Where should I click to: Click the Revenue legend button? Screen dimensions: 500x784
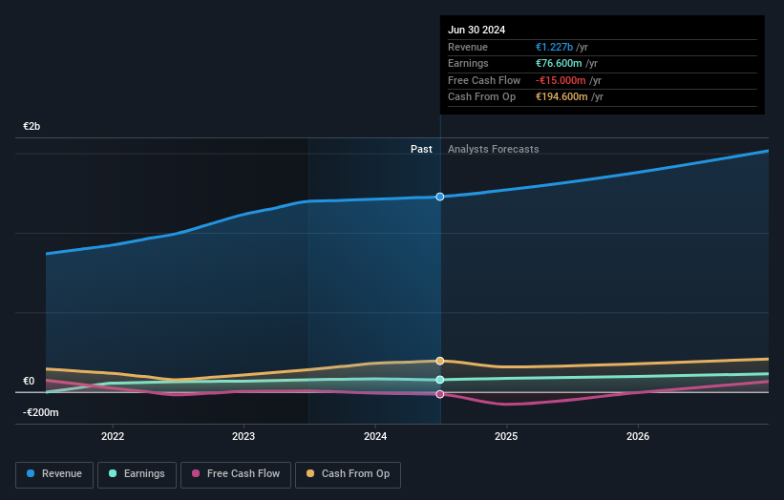pos(54,474)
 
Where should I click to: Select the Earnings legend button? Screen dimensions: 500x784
pos(137,474)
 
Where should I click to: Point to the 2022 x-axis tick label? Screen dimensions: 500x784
pos(113,436)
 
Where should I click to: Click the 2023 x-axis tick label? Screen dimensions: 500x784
pos(244,436)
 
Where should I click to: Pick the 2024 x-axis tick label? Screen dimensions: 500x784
pos(375,436)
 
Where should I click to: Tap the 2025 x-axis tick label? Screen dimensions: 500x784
pos(506,436)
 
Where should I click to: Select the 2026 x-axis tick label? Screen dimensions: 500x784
pos(638,436)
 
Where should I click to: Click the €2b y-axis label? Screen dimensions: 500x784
pos(32,126)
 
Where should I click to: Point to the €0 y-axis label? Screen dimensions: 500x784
pos(29,381)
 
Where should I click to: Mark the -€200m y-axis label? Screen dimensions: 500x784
pos(41,412)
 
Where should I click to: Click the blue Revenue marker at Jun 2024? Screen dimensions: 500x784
pos(440,197)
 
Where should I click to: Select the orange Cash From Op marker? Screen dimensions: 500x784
pos(440,361)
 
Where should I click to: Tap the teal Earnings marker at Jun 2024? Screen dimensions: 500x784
pos(440,380)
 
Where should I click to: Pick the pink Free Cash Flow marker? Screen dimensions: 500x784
pos(440,394)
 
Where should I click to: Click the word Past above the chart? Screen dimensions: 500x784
pos(421,149)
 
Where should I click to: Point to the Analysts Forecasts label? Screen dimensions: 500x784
pos(493,149)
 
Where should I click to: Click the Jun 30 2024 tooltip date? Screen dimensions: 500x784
pos(477,30)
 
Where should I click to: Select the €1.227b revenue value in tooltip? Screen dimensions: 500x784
pos(555,47)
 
